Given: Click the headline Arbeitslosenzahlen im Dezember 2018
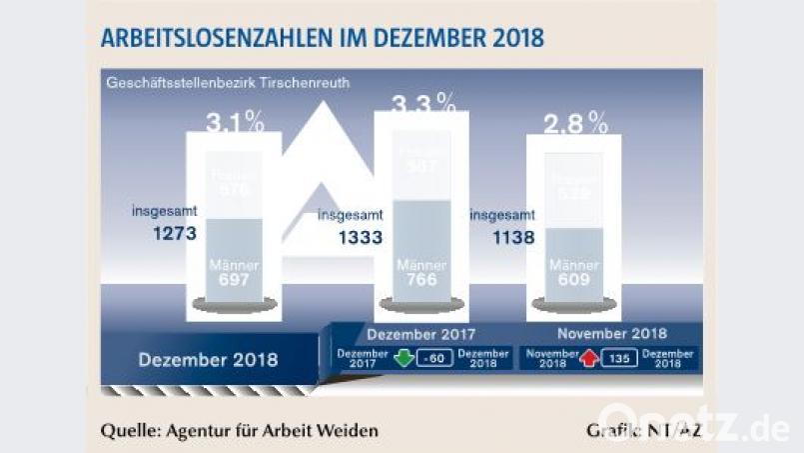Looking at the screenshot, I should [x=323, y=38].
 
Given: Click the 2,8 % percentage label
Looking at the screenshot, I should [x=575, y=123].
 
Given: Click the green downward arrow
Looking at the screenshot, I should [x=405, y=359].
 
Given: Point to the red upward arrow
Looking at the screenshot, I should [x=589, y=359].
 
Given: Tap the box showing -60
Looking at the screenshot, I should [x=433, y=359].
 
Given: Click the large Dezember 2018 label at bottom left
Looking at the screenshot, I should [x=208, y=358].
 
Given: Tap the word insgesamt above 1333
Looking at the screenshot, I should [x=351, y=214].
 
